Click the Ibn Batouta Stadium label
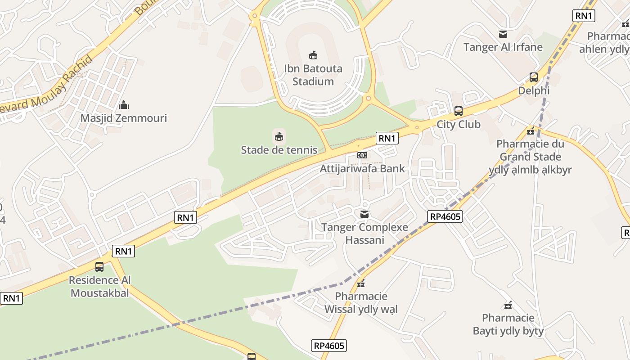pos(313,75)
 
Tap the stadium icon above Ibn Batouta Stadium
pos(313,55)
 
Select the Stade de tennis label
pos(279,150)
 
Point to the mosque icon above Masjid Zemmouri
pos(124,105)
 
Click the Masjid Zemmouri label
pos(123,118)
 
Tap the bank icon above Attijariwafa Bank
pos(362,155)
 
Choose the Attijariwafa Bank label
pos(362,169)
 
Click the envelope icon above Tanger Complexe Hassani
pos(364,214)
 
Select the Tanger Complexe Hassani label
pos(364,234)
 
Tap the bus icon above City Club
pos(459,111)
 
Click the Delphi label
pos(534,90)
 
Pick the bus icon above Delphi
pos(534,77)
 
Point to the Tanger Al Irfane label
pos(503,47)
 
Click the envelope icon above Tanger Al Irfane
pos(503,34)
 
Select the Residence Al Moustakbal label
pos(99,287)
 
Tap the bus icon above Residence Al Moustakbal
pos(99,267)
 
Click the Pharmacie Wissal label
pos(361,303)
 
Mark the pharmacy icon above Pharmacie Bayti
pos(508,306)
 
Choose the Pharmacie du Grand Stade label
pos(530,157)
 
